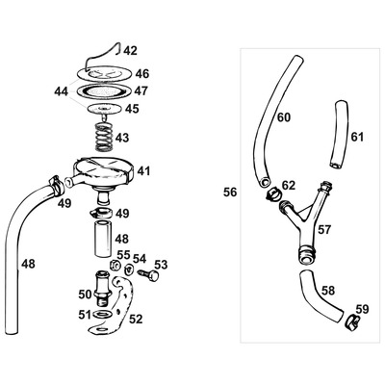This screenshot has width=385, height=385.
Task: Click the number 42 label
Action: click(x=131, y=51)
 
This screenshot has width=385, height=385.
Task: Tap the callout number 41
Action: click(x=143, y=170)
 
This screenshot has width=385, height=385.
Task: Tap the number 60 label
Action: click(x=283, y=117)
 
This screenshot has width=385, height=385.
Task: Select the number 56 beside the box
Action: click(x=230, y=192)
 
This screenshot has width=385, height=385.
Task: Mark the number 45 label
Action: click(x=132, y=109)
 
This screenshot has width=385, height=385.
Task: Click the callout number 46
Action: click(x=142, y=73)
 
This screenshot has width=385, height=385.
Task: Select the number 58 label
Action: click(x=328, y=289)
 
